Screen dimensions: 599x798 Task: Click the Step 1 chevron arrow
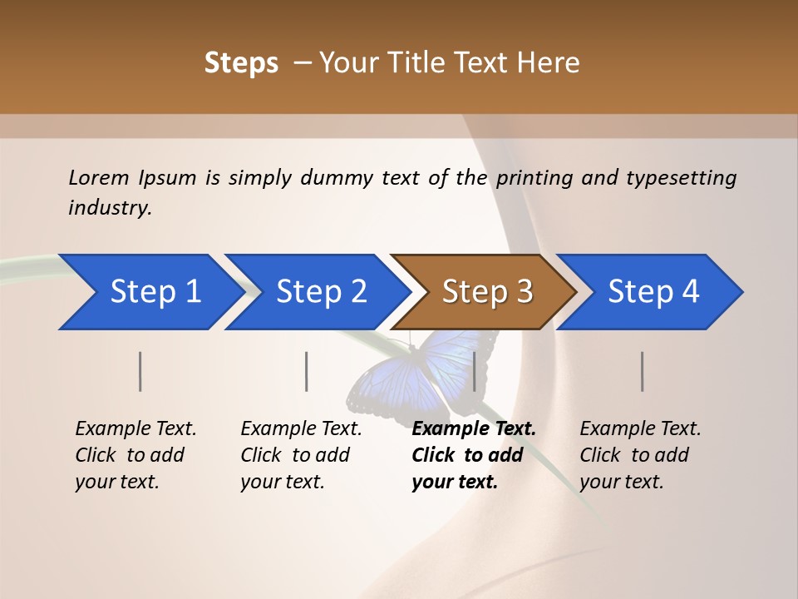150,292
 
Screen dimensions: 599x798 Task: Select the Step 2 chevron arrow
316,292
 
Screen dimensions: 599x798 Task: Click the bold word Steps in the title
241,63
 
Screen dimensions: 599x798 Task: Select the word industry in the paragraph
109,207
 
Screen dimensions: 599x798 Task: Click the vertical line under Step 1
140,371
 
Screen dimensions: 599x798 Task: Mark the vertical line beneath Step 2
307,371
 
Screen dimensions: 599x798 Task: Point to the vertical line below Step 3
475,371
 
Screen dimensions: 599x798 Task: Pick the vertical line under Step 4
643,371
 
